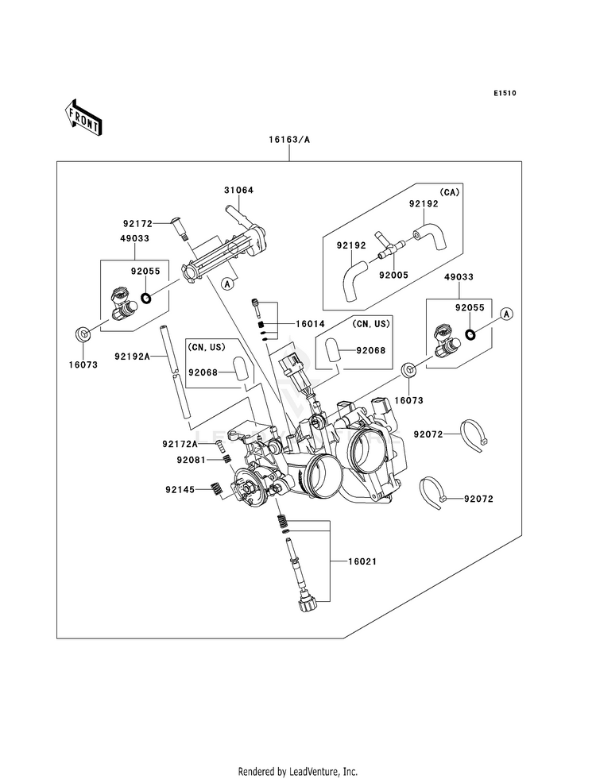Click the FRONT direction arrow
pyautogui.click(x=83, y=118)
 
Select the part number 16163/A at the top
pyautogui.click(x=289, y=140)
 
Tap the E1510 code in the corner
pyautogui.click(x=505, y=93)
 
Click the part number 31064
pyautogui.click(x=238, y=191)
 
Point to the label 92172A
pyautogui.click(x=180, y=444)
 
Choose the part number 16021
pyautogui.click(x=362, y=561)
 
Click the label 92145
pyautogui.click(x=180, y=490)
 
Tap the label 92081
pyautogui.click(x=191, y=460)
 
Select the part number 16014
pyautogui.click(x=310, y=324)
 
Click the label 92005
pyautogui.click(x=393, y=275)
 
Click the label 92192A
pyautogui.click(x=132, y=357)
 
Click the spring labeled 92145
pyautogui.click(x=216, y=489)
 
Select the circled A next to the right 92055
pyautogui.click(x=506, y=314)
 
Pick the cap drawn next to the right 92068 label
pyautogui.click(x=332, y=350)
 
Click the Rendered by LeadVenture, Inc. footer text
pyautogui.click(x=298, y=772)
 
